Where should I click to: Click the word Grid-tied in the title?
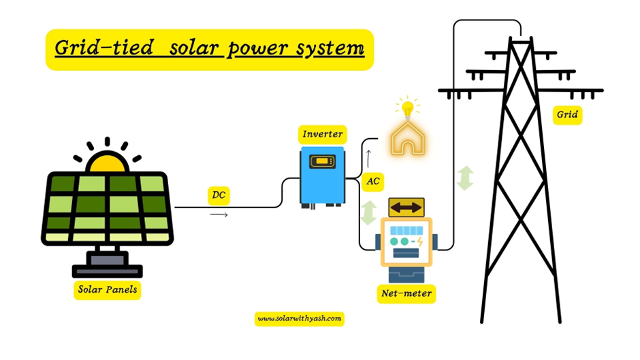coord(97,49)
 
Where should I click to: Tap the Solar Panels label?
coord(108,290)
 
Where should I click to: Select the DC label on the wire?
coord(218,196)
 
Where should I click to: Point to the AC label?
coord(373,182)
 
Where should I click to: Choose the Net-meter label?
coord(406,294)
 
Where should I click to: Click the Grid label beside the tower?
coord(567,114)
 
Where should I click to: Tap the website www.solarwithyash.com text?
coord(299,318)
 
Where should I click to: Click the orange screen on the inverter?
coord(323,162)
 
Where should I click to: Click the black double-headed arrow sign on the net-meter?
coord(406,207)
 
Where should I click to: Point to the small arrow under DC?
coord(218,214)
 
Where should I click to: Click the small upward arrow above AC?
coord(368,158)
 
